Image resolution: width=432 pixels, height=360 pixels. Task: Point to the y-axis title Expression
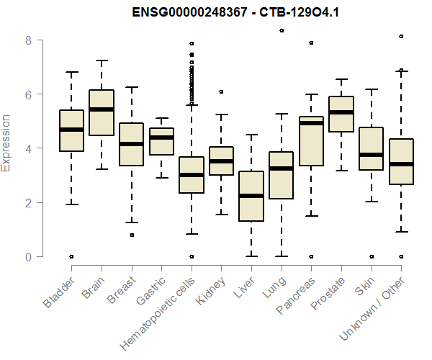click(x=7, y=143)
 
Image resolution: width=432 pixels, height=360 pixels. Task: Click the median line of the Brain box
click(x=102, y=109)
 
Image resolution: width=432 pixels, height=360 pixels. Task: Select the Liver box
click(x=251, y=196)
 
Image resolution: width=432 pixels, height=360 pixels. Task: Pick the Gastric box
click(x=161, y=142)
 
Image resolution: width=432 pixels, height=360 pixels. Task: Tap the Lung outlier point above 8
click(x=282, y=30)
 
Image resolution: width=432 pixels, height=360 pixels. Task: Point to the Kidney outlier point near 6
click(x=221, y=91)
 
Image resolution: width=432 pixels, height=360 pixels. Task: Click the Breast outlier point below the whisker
click(x=132, y=235)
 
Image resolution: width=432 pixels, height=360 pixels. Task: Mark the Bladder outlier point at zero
click(x=71, y=256)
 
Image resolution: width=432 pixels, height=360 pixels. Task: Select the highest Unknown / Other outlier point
click(x=401, y=36)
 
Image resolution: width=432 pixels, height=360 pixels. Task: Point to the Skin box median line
click(x=372, y=154)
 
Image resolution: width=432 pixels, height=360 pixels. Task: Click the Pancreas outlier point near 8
click(x=311, y=42)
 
